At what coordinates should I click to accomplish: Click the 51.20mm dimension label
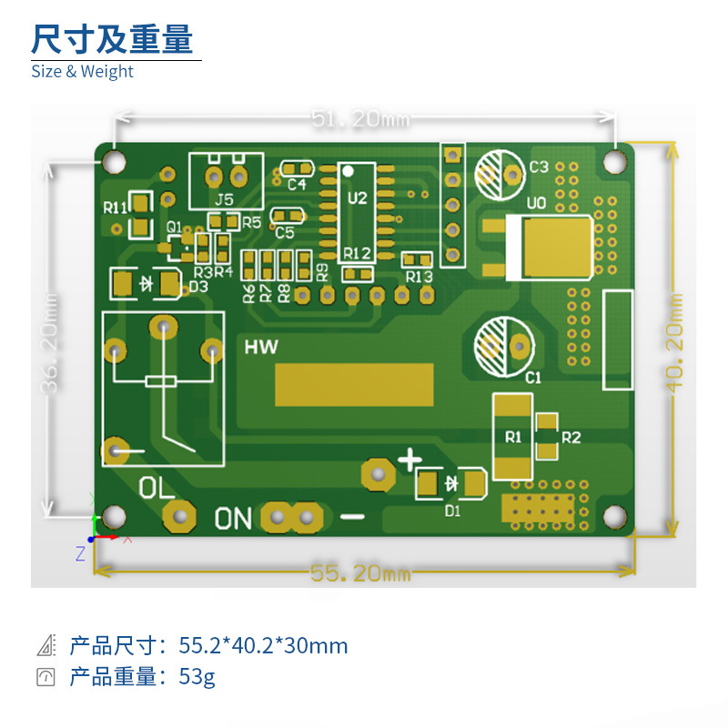point(360,119)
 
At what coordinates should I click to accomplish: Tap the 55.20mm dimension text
point(360,573)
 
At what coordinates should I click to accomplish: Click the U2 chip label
point(357,197)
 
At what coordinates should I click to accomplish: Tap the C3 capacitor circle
point(497,173)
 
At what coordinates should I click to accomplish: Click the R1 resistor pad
point(512,437)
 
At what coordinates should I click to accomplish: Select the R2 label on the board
point(571,438)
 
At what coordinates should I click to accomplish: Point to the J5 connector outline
point(226,181)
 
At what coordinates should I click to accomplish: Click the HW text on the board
point(261,347)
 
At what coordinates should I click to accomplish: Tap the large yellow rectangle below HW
point(355,384)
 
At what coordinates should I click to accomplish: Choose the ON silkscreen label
point(233,519)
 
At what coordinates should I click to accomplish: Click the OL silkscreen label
point(157,487)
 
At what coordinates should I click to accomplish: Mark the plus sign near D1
point(411,459)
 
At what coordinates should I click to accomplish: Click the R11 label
point(115,207)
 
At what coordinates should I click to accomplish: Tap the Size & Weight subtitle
point(82,71)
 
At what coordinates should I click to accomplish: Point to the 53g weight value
point(197,677)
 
